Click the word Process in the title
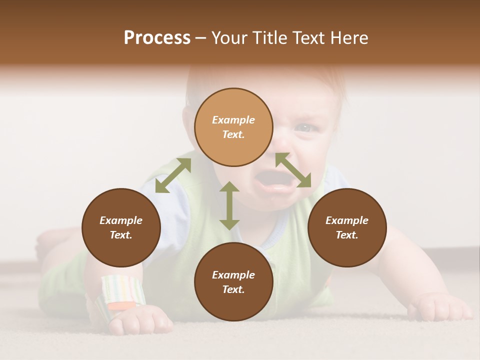[157, 37]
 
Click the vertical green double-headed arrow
[229, 205]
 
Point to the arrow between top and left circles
[173, 175]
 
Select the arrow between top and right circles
[293, 170]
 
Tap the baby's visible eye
[303, 128]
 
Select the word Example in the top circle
[233, 120]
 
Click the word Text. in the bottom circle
[233, 289]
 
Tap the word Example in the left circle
[121, 220]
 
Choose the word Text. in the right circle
[347, 235]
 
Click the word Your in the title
[230, 37]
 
